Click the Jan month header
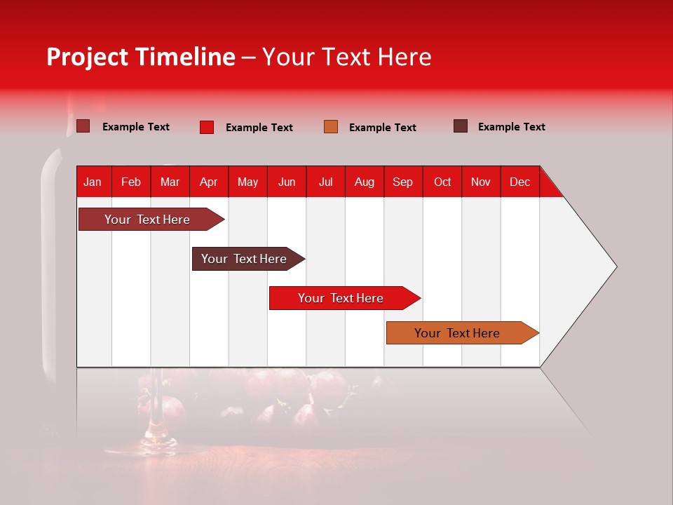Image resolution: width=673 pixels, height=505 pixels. pos(93,182)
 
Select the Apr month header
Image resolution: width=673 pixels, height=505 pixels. pos(208,182)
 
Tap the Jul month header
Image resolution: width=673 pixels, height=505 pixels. pos(325,182)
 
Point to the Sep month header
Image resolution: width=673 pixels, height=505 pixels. pos(402,182)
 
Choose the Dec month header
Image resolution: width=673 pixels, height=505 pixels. pos(519,182)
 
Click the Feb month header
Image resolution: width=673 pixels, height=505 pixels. pos(131,182)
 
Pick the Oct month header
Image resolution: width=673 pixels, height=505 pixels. pos(442,182)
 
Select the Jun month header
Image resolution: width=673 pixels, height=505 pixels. pos(287,182)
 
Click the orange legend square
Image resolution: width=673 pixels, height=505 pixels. pos(331,127)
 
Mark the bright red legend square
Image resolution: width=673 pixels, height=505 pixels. pos(207,127)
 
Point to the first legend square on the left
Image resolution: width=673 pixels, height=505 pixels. pos(83,126)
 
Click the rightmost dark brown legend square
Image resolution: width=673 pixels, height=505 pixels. pos(461,126)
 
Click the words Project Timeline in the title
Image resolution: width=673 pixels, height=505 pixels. pos(141,57)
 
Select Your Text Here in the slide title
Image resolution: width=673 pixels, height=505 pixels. pos(347,57)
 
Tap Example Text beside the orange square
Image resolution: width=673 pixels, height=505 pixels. pos(382,128)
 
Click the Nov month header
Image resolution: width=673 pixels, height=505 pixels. pos(481,182)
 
